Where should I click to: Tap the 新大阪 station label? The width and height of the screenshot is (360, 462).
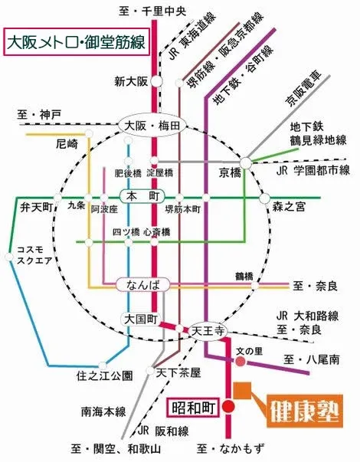[129, 80]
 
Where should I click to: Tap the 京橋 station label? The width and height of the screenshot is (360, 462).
[230, 172]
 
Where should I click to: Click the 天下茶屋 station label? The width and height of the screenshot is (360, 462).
[178, 372]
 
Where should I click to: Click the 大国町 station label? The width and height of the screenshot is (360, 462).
[138, 317]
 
